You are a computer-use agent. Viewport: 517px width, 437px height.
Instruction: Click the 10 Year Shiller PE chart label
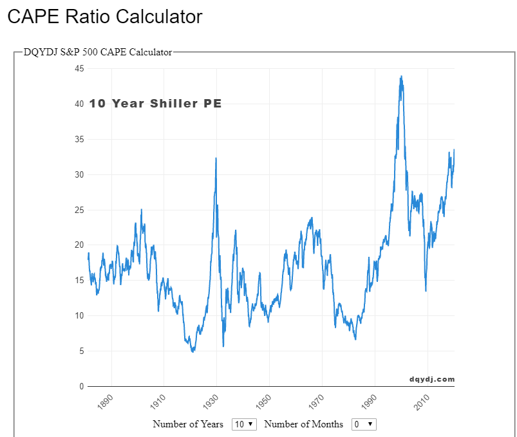(155, 104)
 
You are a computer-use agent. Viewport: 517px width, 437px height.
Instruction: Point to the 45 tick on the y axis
(80, 69)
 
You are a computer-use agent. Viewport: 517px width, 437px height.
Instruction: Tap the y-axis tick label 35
(80, 140)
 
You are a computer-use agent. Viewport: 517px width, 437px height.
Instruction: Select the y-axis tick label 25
(80, 210)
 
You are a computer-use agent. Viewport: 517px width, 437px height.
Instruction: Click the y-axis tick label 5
(82, 351)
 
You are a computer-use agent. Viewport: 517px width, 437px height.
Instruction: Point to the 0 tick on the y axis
(82, 387)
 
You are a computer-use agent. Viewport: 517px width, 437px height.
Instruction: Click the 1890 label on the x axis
(106, 401)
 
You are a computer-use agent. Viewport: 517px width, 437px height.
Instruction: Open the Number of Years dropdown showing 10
(244, 424)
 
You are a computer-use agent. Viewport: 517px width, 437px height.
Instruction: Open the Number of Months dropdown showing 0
(363, 424)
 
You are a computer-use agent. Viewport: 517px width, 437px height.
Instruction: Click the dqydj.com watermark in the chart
(431, 379)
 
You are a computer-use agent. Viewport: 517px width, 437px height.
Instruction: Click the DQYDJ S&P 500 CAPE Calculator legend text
(98, 52)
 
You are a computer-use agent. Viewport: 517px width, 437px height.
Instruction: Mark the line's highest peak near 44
(401, 77)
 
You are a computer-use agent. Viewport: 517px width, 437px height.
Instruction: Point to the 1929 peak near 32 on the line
(216, 158)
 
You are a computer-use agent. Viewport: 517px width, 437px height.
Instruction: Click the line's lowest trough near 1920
(193, 351)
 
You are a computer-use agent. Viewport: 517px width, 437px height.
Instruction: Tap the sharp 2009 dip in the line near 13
(426, 291)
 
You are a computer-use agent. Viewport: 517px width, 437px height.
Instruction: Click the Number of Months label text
(303, 424)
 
